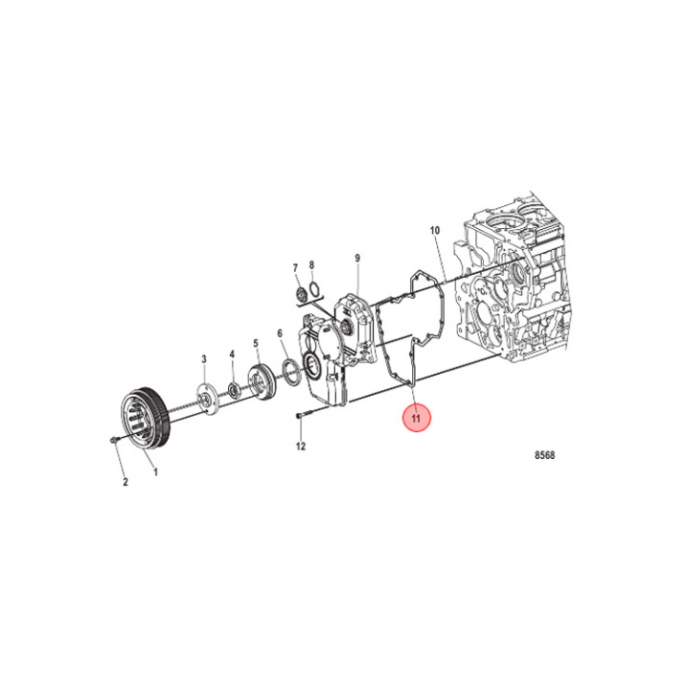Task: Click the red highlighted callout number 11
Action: (417, 418)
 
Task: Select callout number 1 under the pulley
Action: (156, 470)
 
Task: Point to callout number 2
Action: (124, 482)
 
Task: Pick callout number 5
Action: (256, 343)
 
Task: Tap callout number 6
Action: (281, 333)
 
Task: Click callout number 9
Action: (357, 259)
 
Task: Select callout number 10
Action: (434, 231)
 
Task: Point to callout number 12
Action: (300, 447)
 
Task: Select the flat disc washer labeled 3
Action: (204, 396)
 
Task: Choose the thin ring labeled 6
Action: (288, 368)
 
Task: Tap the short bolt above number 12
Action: (300, 416)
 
